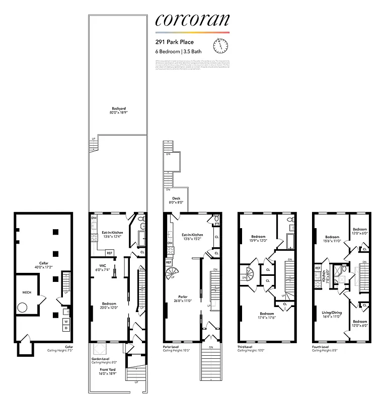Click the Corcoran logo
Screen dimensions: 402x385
click(192, 20)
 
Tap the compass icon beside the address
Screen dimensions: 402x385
click(220, 46)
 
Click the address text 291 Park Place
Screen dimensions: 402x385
click(174, 43)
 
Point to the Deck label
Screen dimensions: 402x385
click(176, 198)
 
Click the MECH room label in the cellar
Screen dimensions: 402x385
click(27, 291)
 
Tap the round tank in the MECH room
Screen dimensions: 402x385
click(23, 308)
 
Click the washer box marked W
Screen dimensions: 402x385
click(66, 321)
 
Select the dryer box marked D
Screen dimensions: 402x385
click(66, 328)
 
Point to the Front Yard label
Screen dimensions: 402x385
click(107, 369)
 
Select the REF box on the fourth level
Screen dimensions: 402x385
click(318, 268)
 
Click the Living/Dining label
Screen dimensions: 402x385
click(332, 313)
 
